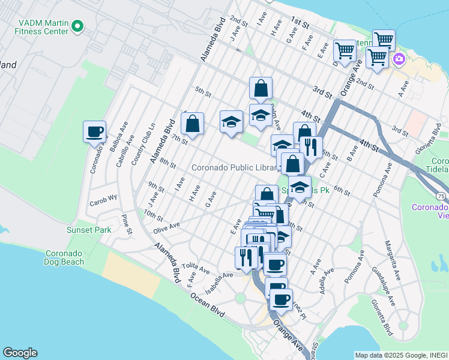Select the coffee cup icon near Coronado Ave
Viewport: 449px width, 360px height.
point(95,132)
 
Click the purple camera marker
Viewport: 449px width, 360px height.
point(399,59)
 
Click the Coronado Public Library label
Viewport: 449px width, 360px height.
point(234,167)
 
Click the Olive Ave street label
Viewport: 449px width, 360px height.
point(166,227)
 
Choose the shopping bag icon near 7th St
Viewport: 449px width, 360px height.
point(192,124)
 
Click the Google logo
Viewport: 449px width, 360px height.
point(20,353)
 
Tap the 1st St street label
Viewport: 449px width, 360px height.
point(300,23)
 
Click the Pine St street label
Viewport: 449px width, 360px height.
point(127,225)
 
